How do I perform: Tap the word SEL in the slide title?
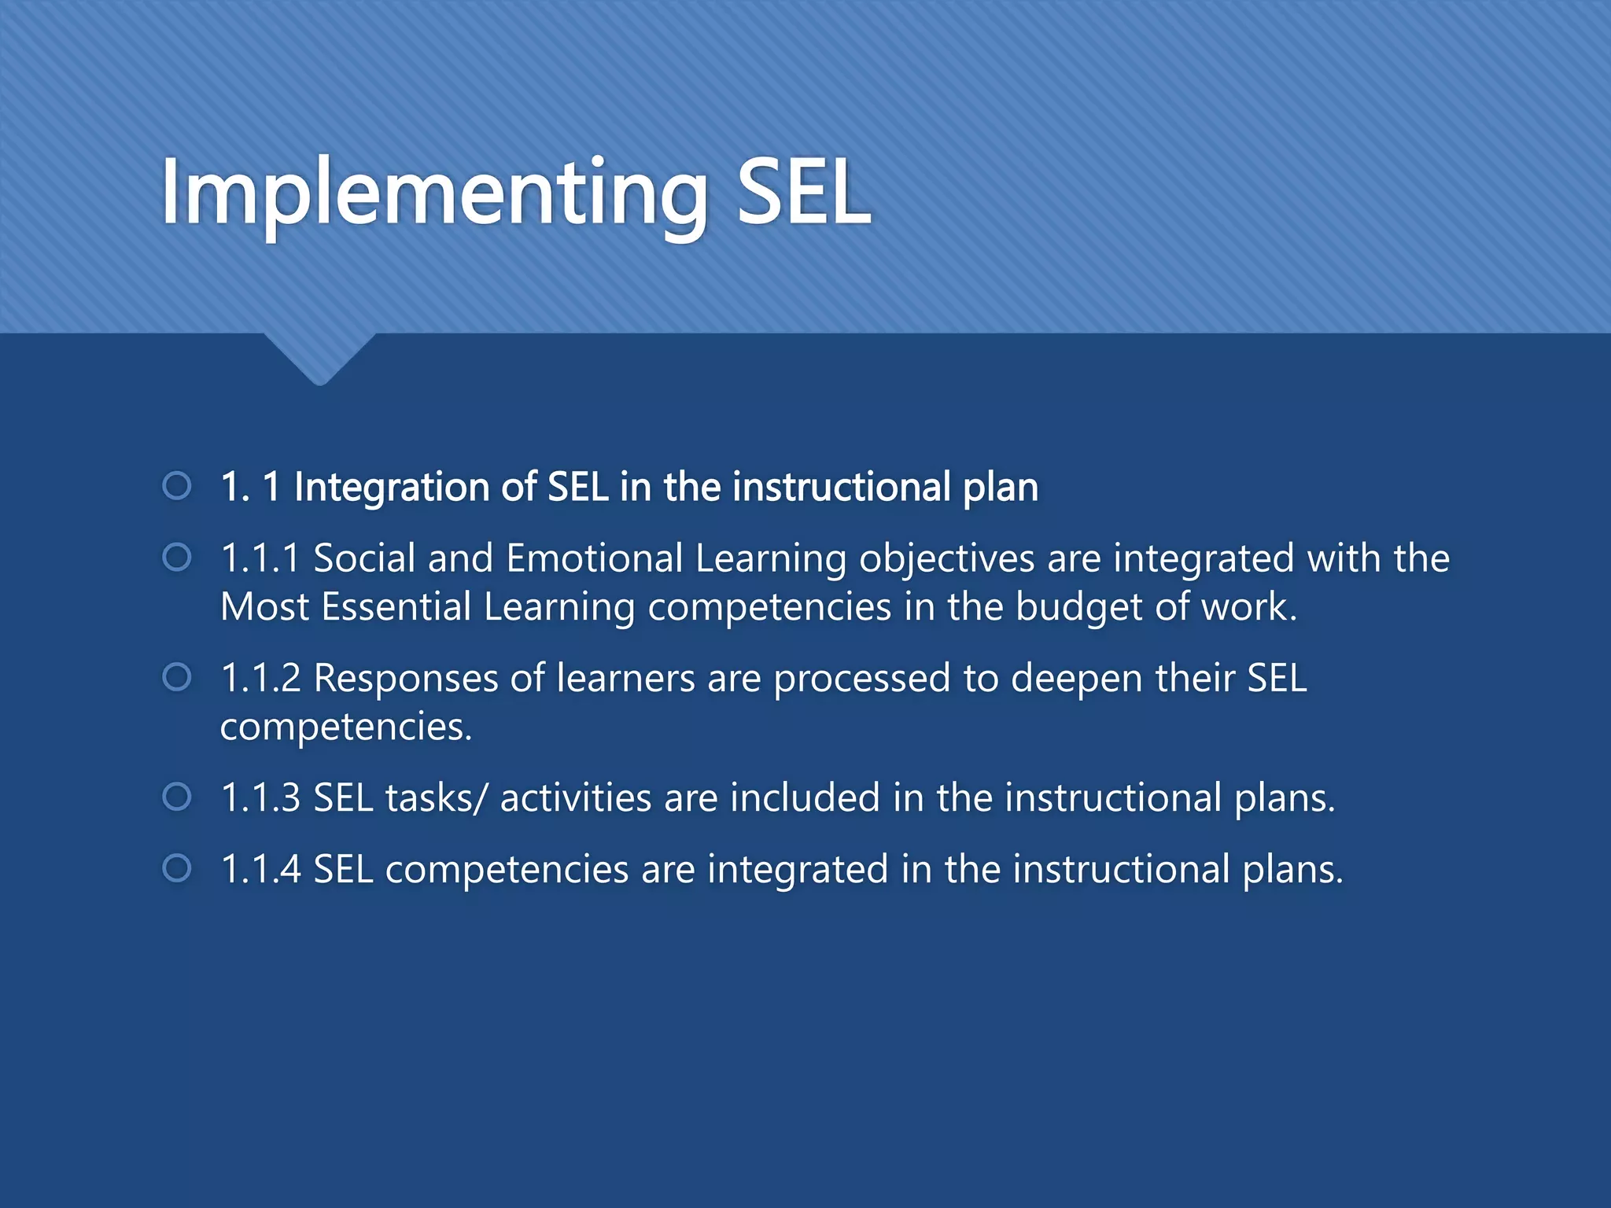pos(802,193)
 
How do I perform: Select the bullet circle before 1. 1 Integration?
pos(177,486)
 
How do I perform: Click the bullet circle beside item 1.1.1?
pos(177,558)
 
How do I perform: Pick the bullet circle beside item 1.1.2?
pos(177,677)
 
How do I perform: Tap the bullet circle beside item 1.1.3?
pos(177,797)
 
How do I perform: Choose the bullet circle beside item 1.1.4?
pos(177,868)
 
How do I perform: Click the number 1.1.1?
pos(260,558)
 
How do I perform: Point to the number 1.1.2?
pos(260,678)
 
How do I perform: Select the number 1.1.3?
pos(260,797)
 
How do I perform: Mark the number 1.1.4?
pos(260,869)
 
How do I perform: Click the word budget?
pos(1078,607)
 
